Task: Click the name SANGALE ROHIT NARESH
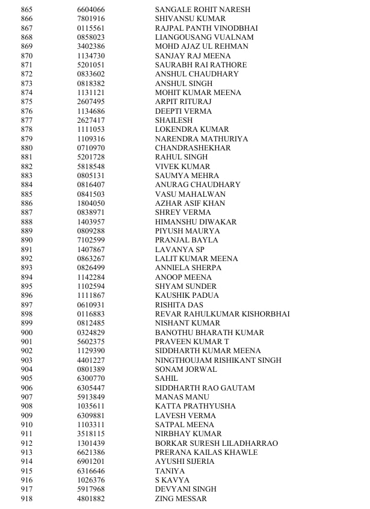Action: point(203,10)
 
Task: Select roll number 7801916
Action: point(91,19)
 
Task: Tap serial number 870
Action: point(26,56)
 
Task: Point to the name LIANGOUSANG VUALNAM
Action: point(204,37)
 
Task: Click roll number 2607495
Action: point(91,102)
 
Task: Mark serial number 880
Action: point(26,148)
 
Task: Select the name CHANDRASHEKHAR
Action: point(193,148)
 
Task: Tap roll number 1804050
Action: point(91,203)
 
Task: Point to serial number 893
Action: point(26,268)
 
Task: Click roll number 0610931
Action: point(91,304)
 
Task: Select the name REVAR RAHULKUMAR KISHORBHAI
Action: point(222,314)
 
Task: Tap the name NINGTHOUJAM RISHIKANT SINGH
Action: point(218,360)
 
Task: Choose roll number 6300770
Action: point(91,378)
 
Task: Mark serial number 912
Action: point(26,443)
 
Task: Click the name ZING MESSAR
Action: point(180,499)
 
